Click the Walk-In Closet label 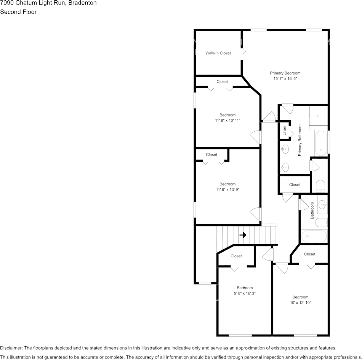218,53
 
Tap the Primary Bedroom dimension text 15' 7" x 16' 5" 285,79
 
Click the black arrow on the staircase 243,235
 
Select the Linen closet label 284,131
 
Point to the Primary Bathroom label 300,140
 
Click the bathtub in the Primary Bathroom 321,143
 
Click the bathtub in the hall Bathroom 314,236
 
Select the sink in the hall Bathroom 322,204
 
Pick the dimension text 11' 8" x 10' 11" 227,120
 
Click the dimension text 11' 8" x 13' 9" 227,190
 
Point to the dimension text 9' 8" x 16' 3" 245,293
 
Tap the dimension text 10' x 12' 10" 300,303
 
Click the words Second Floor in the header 18,12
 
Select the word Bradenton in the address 82,3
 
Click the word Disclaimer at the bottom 11,348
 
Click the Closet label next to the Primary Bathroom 295,185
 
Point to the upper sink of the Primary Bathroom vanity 285,149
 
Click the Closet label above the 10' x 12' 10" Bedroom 309,254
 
